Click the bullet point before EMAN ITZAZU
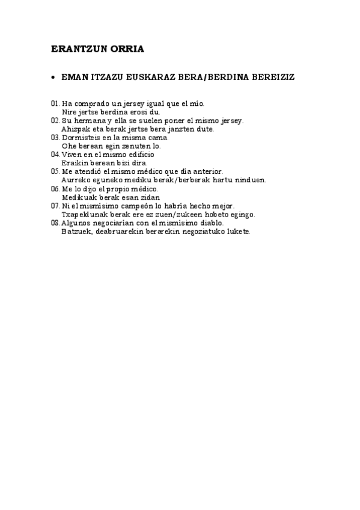coord(53,78)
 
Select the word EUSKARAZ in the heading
coord(162,78)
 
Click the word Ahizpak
coord(75,129)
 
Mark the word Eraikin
coord(74,162)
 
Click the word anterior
coord(206,171)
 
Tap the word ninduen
coord(252,180)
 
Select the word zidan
coord(150,197)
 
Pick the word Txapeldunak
coord(82,214)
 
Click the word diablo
coord(212,223)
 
